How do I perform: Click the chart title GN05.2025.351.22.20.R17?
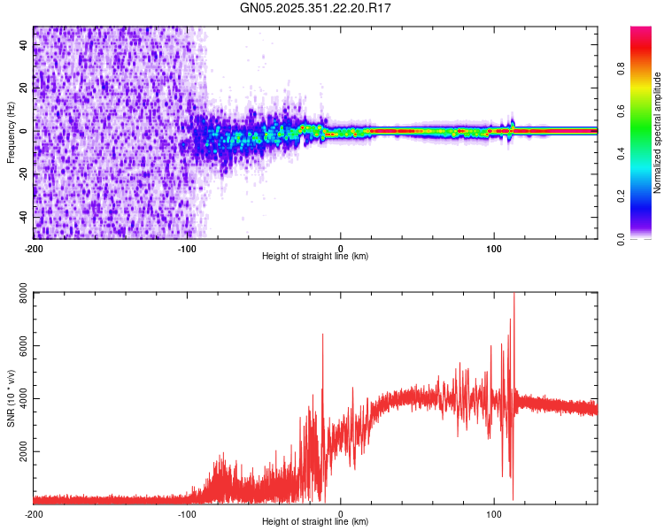pyautogui.click(x=316, y=8)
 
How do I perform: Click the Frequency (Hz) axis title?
pyautogui.click(x=10, y=133)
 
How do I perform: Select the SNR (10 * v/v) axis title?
pyautogui.click(x=10, y=397)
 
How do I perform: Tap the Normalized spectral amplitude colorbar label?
pyautogui.click(x=658, y=133)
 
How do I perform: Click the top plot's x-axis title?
pyautogui.click(x=315, y=256)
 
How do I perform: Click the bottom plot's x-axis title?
pyautogui.click(x=315, y=521)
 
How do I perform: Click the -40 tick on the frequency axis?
pyautogui.click(x=22, y=217)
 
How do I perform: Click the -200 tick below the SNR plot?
pyautogui.click(x=34, y=513)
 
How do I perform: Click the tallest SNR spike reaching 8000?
pyautogui.click(x=513, y=296)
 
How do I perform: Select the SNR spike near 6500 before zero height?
pyautogui.click(x=322, y=335)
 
